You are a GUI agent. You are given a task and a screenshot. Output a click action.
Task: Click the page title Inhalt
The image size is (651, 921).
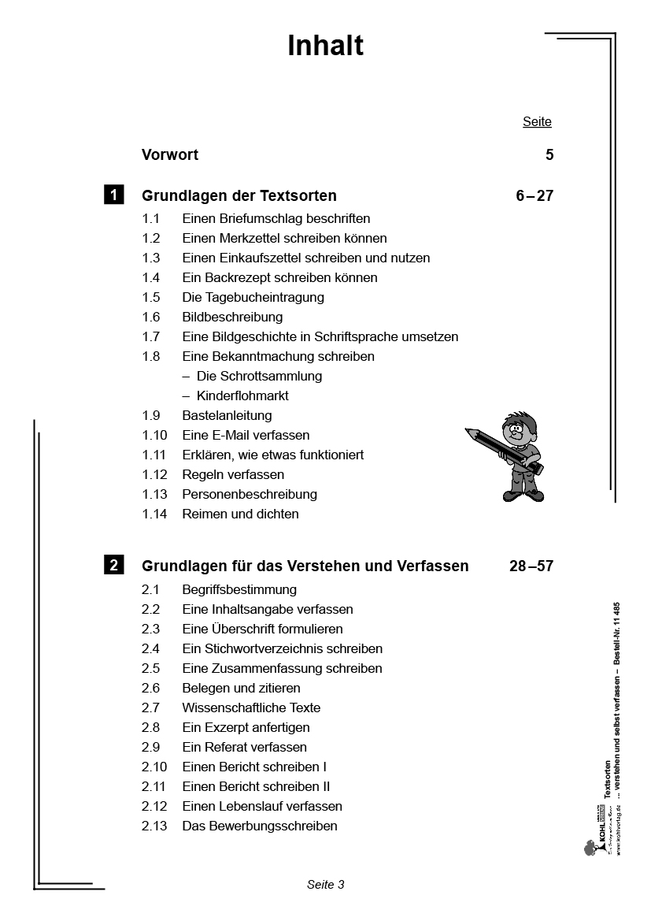[325, 46]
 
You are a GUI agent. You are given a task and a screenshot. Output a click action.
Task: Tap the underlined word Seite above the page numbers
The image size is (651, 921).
[537, 122]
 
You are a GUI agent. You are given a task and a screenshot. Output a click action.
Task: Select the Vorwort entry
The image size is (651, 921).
[170, 155]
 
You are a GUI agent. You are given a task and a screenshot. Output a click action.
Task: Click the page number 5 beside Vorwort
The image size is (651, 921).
[549, 155]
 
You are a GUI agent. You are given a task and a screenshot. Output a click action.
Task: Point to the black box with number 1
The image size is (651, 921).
[113, 195]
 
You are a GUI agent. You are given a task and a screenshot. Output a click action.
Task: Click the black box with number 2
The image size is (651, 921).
[113, 565]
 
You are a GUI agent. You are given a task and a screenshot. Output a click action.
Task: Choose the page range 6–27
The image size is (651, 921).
[534, 196]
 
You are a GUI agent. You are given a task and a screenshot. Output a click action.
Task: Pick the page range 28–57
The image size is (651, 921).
[531, 566]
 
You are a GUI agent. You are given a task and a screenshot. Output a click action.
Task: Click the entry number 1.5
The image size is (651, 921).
[150, 298]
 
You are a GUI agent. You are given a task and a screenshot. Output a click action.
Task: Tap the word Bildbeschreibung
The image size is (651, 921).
[232, 318]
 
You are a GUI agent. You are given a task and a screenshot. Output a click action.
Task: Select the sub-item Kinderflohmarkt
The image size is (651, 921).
[242, 396]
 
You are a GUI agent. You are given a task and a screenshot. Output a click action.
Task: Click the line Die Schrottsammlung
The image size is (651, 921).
[259, 377]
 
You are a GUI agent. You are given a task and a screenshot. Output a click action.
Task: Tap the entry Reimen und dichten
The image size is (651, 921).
[240, 514]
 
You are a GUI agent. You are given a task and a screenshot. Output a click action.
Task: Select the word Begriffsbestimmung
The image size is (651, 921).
[239, 590]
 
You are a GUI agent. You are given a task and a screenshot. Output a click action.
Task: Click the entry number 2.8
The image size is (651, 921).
[150, 728]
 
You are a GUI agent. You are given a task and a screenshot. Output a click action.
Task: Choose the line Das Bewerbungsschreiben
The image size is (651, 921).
[260, 826]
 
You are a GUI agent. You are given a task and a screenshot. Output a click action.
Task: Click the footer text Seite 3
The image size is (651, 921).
[325, 885]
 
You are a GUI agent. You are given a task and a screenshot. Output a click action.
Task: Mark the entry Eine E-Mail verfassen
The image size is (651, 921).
[246, 436]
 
